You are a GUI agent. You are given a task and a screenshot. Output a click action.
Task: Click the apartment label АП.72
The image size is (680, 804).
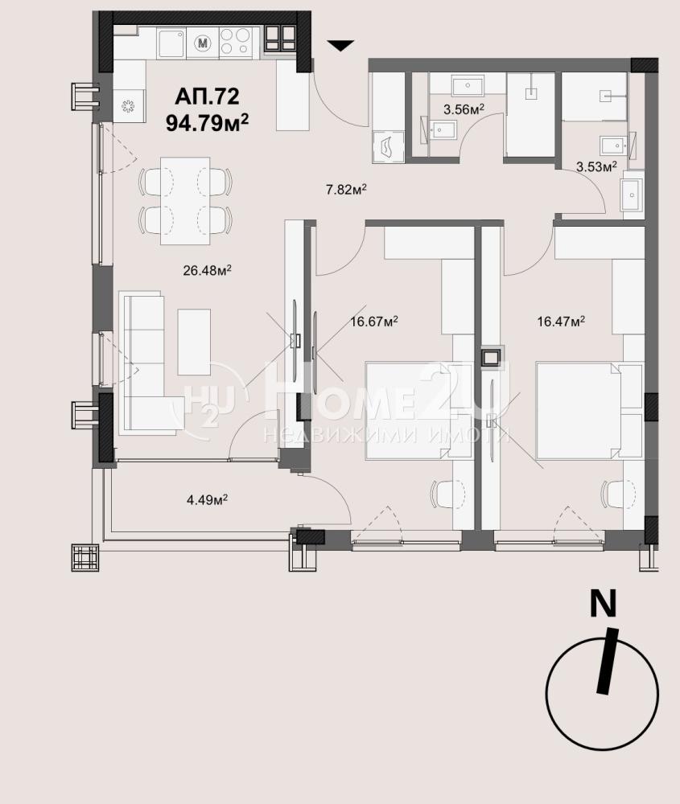[x=207, y=96]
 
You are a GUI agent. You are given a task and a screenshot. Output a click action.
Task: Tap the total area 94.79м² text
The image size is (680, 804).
[x=208, y=122]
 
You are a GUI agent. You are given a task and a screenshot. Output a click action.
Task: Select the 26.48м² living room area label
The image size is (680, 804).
[x=207, y=270]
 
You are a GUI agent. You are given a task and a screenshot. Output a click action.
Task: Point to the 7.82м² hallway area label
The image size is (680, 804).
[x=346, y=190]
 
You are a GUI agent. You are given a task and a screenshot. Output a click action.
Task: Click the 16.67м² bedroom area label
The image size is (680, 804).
[x=374, y=322]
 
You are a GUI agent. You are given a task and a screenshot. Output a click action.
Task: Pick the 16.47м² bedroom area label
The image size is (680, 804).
[x=561, y=322]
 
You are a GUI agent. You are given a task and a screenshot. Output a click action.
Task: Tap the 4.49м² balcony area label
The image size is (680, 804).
[x=208, y=499]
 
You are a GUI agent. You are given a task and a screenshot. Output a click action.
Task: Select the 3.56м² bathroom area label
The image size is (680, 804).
[x=464, y=109]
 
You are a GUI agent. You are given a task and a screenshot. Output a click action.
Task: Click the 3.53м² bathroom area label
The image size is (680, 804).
[x=596, y=166]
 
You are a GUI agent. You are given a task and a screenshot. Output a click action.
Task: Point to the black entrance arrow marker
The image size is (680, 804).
[x=340, y=46]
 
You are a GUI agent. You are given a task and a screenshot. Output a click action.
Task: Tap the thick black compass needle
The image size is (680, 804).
[x=606, y=661]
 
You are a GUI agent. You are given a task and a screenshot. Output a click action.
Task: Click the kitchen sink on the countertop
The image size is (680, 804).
[x=171, y=43]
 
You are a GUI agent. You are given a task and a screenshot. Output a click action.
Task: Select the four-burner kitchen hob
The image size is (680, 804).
[x=236, y=42]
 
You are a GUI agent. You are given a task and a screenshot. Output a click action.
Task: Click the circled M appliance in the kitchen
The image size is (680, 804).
[x=204, y=43]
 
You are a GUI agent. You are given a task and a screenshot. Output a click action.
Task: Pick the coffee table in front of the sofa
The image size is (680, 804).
[x=194, y=342]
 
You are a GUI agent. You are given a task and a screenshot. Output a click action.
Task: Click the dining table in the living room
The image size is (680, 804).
[x=185, y=201]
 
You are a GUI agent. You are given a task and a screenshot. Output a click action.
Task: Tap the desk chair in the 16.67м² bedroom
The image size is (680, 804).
[x=446, y=494]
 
